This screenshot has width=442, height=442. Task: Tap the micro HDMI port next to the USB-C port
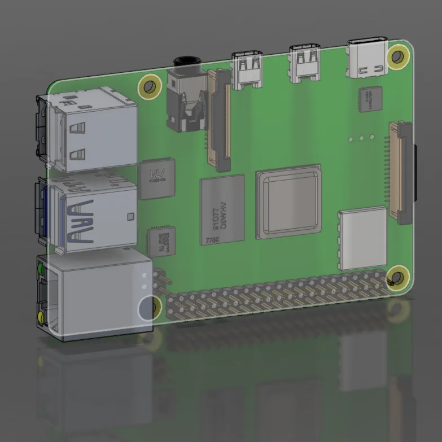click(x=305, y=63)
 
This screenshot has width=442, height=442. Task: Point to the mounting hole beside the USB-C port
click(x=398, y=56)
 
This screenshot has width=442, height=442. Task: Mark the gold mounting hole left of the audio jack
click(x=150, y=87)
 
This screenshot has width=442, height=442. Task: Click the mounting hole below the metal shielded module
click(x=397, y=277)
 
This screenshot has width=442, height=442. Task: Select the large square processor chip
click(x=288, y=202)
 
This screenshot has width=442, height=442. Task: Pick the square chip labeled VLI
click(x=157, y=179)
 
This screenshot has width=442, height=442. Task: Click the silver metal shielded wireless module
click(x=363, y=238)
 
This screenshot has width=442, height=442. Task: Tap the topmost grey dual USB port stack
click(x=90, y=130)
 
